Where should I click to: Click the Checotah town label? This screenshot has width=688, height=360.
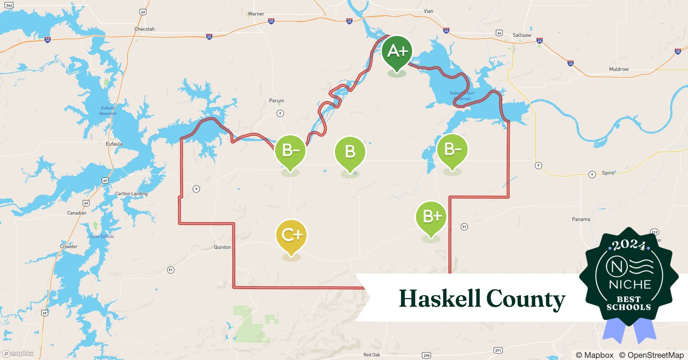(x=144, y=29)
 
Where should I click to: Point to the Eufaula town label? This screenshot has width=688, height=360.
(x=114, y=144)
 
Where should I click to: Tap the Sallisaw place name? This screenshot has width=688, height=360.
(x=522, y=35)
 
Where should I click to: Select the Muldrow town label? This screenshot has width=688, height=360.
(x=618, y=69)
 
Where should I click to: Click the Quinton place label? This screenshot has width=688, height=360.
(x=222, y=247)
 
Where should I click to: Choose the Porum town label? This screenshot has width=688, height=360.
(x=277, y=101)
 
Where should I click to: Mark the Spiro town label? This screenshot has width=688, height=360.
(x=608, y=173)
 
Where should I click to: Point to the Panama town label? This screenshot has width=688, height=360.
(x=581, y=219)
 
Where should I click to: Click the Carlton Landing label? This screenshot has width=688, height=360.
(x=131, y=194)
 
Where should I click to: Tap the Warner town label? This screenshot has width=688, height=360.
(x=256, y=14)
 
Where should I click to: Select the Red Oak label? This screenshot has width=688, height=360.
(x=372, y=355)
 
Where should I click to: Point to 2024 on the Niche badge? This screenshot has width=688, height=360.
(x=629, y=245)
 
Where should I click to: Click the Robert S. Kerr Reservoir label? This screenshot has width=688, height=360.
(x=462, y=96)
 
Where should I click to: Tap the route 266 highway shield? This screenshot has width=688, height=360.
(x=9, y=5)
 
